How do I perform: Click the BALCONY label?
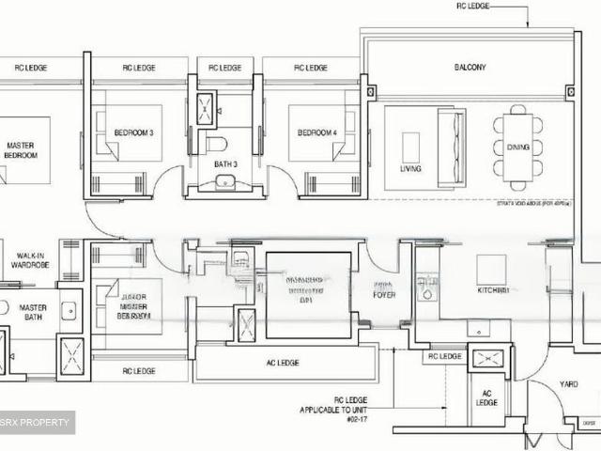click(x=470, y=68)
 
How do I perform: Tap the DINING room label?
click(x=518, y=148)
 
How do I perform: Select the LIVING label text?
click(x=410, y=169)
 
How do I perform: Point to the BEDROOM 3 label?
click(x=133, y=133)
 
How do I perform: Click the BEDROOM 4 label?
click(x=317, y=133)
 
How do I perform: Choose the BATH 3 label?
click(x=224, y=164)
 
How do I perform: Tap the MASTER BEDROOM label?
click(x=21, y=150)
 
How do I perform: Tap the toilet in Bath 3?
click(x=217, y=145)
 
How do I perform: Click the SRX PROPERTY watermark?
click(x=37, y=423)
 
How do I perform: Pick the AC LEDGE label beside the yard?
click(x=486, y=397)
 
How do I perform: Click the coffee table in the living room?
click(x=411, y=147)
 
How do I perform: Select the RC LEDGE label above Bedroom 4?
click(x=310, y=68)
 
